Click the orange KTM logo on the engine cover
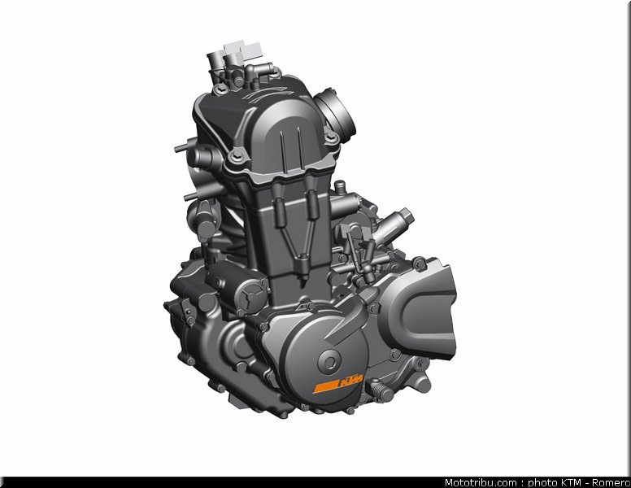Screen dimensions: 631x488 point(338,383)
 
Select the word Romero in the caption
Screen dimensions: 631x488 point(613,482)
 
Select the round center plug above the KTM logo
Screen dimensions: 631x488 point(329,362)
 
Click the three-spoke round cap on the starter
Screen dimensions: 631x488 point(251,297)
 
